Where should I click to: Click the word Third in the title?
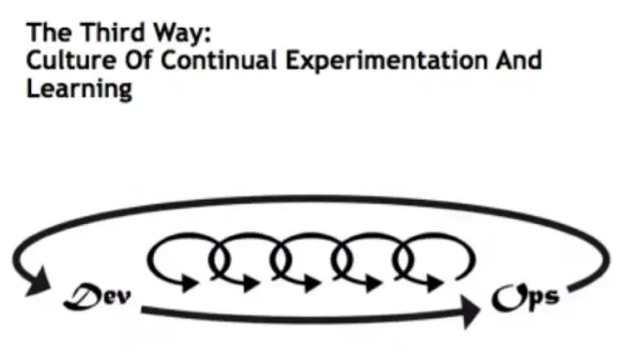tap(104, 34)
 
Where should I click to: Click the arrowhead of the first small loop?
tap(190, 283)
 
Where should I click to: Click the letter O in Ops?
tap(504, 295)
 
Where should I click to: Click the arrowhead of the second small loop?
tap(250, 283)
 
